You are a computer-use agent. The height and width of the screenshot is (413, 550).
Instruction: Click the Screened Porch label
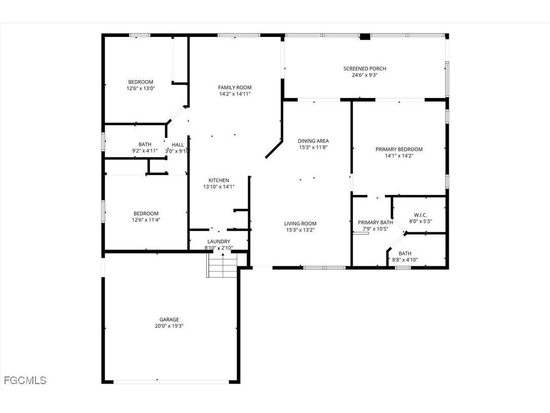click(365, 68)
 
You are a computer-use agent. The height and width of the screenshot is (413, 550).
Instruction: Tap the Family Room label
click(234, 87)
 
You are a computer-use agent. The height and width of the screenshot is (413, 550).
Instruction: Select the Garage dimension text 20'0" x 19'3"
click(169, 326)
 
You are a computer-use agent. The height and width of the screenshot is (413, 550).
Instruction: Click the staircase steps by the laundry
click(222, 266)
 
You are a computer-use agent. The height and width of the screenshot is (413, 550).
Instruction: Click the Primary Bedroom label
click(399, 149)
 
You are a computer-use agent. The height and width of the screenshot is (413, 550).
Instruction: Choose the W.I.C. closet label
click(420, 215)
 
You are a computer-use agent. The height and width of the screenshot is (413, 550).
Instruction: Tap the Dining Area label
click(313, 141)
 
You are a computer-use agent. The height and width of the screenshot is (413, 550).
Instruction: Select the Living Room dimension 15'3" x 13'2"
click(300, 230)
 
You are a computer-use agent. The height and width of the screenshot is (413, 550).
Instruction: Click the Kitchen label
click(219, 180)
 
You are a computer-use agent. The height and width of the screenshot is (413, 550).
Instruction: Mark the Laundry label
click(219, 242)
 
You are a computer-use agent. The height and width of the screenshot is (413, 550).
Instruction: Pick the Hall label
click(178, 145)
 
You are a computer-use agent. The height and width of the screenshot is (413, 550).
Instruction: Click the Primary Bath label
click(375, 222)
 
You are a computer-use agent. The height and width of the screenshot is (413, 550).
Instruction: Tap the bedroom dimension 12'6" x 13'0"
click(140, 88)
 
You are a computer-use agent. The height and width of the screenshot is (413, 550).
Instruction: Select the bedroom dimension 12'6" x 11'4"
click(146, 220)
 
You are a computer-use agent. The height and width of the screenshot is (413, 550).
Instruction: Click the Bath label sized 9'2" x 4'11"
click(145, 145)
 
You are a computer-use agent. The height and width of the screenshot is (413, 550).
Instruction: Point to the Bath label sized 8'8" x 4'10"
click(405, 253)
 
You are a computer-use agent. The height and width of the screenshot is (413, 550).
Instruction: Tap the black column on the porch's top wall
click(365, 37)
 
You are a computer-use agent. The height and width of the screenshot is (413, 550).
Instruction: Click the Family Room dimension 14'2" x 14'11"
click(234, 94)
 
